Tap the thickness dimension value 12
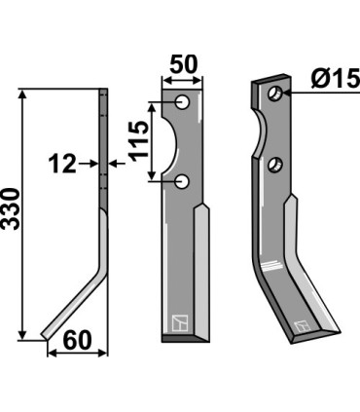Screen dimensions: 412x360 (x=62, y=165)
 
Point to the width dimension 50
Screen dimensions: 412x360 (x=183, y=65)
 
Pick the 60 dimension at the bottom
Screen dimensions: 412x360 (x=78, y=341)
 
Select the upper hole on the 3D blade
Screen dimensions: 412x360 (x=276, y=94)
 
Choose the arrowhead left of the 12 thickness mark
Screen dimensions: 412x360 (x=90, y=165)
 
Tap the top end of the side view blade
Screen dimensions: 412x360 (x=101, y=93)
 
